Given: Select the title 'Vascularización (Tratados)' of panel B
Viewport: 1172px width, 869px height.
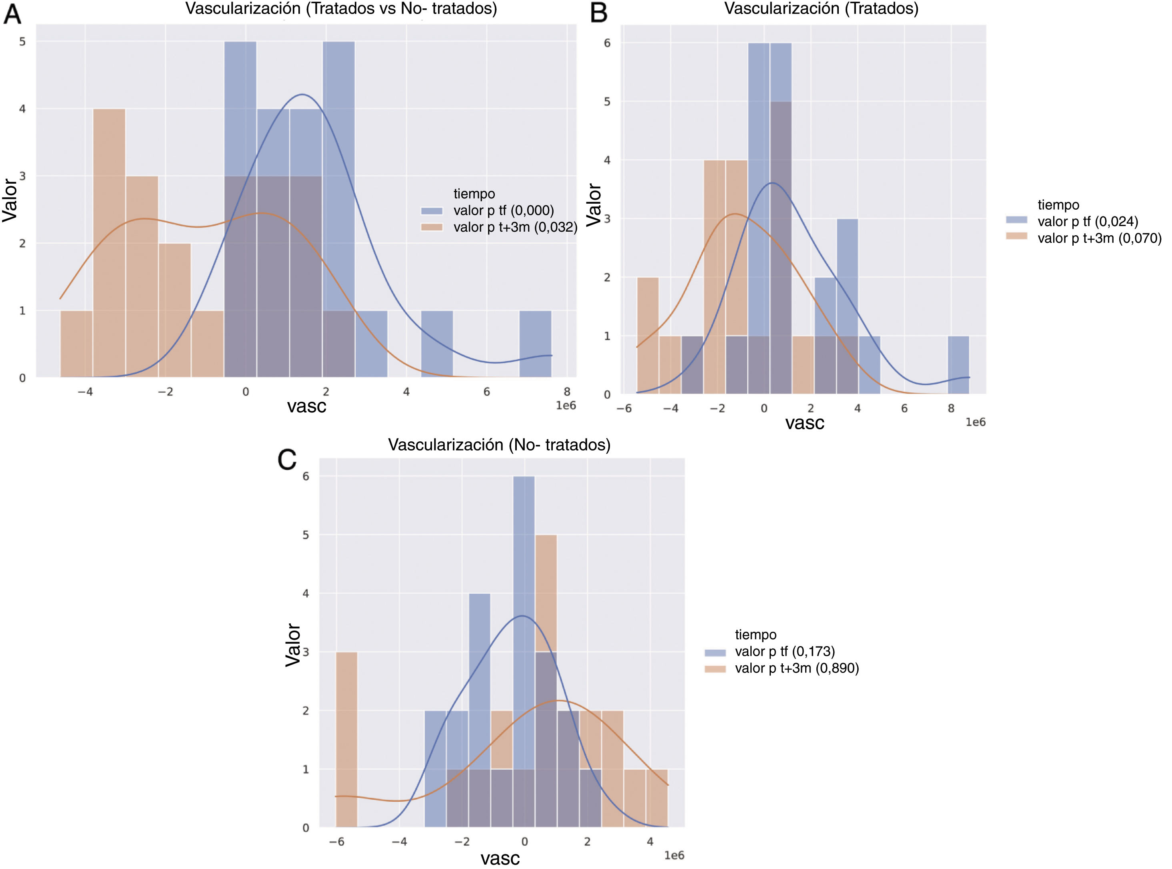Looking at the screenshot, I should [x=821, y=9].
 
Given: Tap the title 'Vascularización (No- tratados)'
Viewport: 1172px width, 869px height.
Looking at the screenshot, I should [x=499, y=445].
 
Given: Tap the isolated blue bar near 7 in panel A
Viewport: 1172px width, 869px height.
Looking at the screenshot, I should [x=535, y=344].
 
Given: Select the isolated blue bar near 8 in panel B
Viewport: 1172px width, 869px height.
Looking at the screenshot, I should [x=958, y=364].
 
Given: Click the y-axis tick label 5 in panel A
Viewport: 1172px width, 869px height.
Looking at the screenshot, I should [x=22, y=42].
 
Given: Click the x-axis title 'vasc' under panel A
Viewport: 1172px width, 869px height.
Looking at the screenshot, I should [x=306, y=406].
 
